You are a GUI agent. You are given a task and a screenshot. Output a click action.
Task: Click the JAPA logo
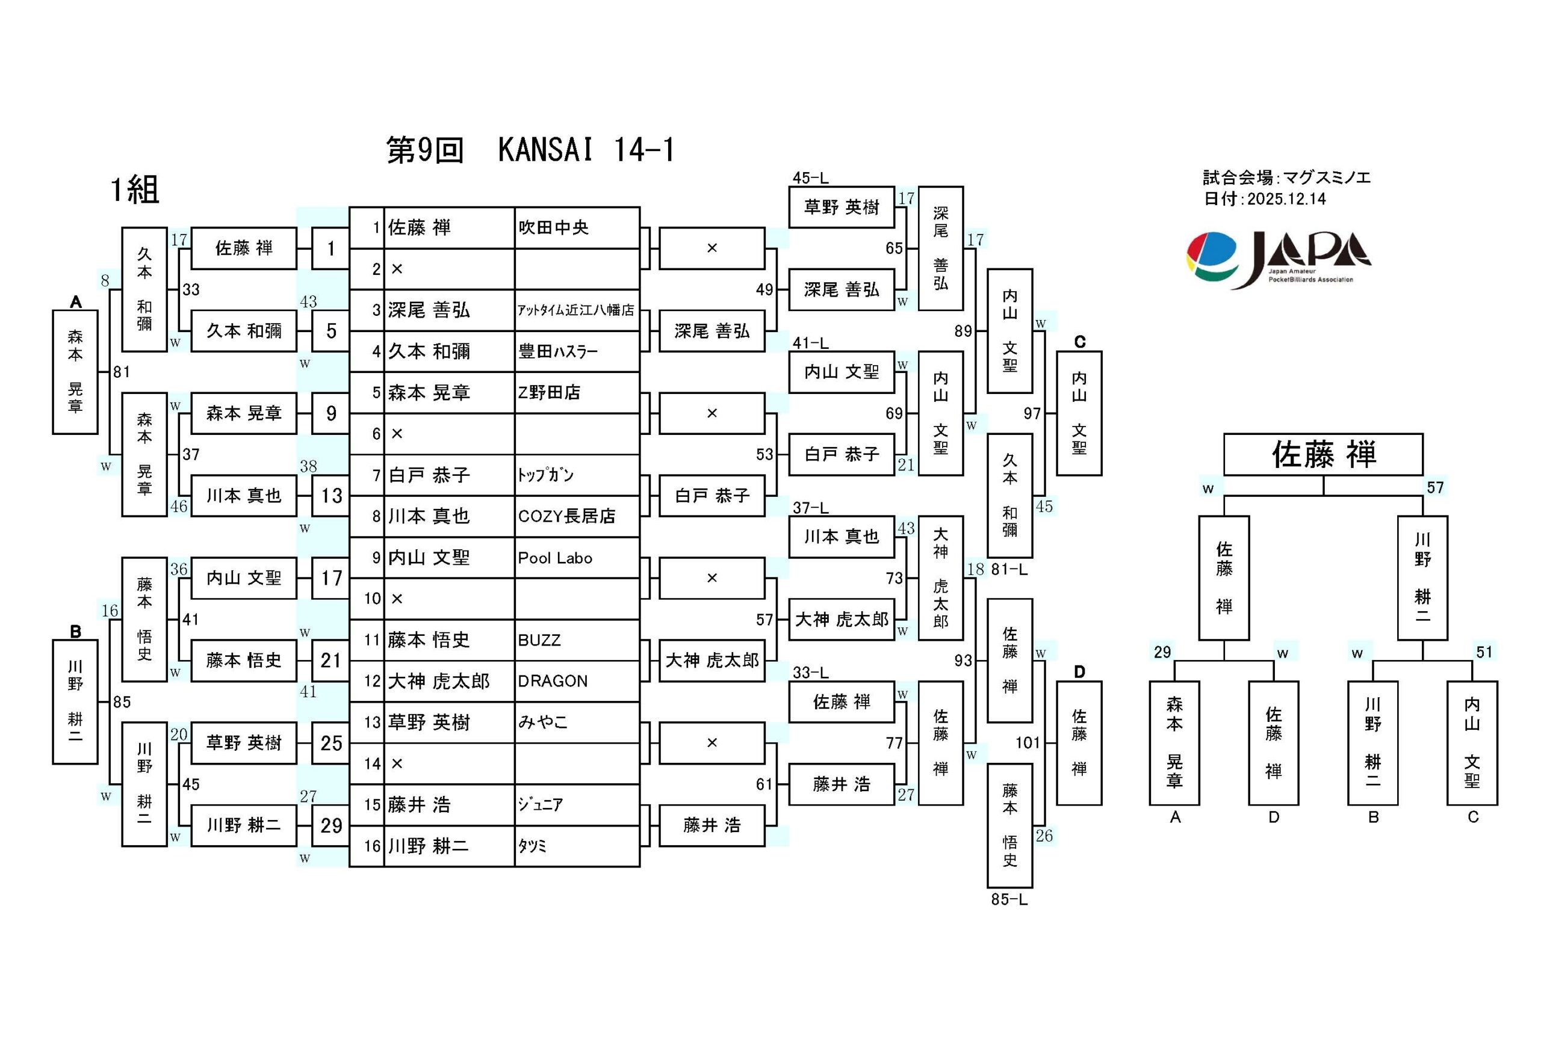click(x=1279, y=259)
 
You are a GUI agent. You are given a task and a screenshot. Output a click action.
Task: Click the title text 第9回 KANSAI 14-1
click(x=530, y=150)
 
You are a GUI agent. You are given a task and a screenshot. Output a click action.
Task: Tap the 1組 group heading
click(x=135, y=190)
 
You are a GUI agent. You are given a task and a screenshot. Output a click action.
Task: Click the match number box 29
click(x=331, y=825)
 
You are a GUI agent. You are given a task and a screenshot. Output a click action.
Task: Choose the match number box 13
click(x=331, y=496)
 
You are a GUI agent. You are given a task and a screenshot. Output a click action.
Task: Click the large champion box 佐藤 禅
click(x=1323, y=455)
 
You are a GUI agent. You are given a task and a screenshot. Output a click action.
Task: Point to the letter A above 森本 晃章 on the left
click(x=76, y=302)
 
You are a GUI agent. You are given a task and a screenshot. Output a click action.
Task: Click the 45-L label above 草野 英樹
click(x=810, y=177)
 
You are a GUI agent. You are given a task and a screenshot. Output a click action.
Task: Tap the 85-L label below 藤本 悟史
click(x=1009, y=899)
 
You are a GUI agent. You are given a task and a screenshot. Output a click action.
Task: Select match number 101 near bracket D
click(x=1028, y=743)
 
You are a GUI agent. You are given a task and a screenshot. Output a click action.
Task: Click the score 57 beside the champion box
click(x=1435, y=488)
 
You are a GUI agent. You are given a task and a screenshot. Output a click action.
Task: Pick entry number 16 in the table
click(x=372, y=846)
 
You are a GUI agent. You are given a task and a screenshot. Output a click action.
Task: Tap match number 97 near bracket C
click(x=1032, y=414)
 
